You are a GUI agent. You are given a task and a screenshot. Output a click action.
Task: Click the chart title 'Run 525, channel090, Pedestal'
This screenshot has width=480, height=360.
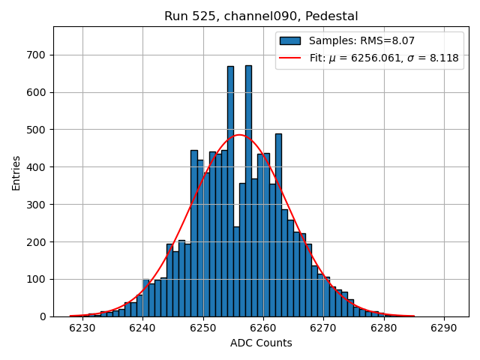click(x=261, y=16)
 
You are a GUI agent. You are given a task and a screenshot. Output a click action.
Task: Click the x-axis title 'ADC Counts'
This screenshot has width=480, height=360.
click(x=261, y=343)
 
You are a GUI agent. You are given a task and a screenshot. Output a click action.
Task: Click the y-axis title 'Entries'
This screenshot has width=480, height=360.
click(x=16, y=173)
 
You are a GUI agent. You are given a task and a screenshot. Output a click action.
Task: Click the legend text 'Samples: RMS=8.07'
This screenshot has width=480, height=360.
click(x=362, y=40)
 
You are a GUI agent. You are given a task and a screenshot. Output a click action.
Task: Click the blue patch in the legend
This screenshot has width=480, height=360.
click(x=290, y=40)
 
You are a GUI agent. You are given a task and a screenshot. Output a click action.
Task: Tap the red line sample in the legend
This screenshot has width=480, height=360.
click(x=290, y=58)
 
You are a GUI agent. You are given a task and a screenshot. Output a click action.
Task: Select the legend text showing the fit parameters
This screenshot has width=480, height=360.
click(x=383, y=58)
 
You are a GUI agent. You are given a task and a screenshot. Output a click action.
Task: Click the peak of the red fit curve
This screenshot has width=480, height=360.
click(x=239, y=135)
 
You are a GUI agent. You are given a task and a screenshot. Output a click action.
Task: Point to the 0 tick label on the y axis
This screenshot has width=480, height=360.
click(x=43, y=316)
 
